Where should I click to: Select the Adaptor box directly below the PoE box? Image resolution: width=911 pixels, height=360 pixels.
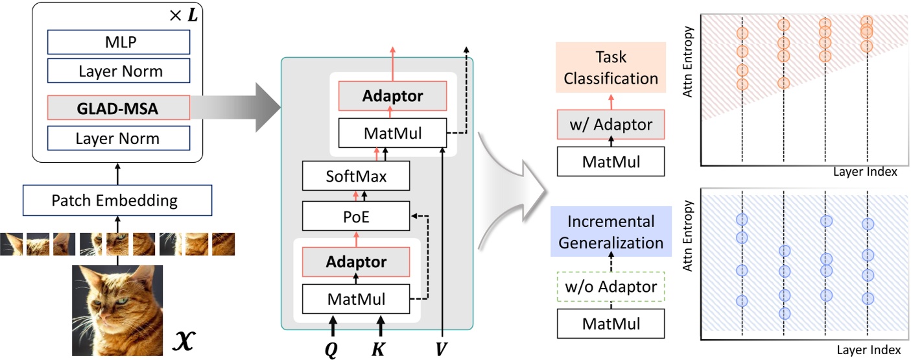[x=357, y=262]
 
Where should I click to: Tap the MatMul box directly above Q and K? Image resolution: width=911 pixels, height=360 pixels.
[x=357, y=299]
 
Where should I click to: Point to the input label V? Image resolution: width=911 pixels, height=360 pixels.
[x=442, y=348]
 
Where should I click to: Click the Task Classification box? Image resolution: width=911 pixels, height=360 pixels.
[x=611, y=67]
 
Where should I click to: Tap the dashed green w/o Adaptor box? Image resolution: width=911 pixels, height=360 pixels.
[x=611, y=286]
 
